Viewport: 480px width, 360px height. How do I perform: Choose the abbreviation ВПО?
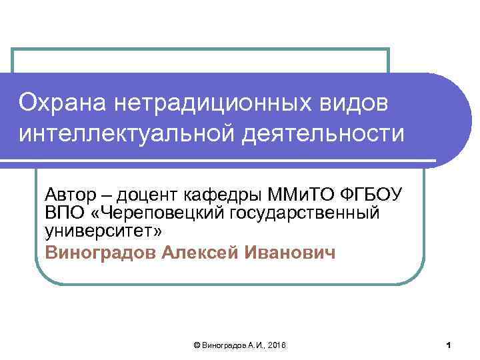63,213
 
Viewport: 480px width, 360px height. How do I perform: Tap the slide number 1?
449,345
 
